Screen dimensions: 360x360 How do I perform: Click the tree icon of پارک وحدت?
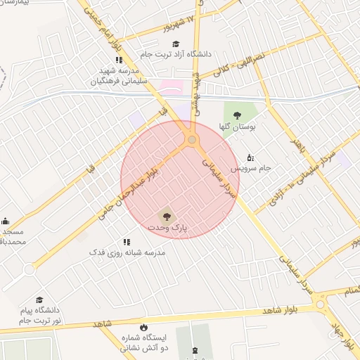pos(167,217)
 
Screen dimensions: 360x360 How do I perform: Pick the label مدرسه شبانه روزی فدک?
pos(127,252)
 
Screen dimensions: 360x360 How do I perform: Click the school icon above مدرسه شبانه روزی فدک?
pos(127,241)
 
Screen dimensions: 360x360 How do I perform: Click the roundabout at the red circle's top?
pos(192,140)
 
